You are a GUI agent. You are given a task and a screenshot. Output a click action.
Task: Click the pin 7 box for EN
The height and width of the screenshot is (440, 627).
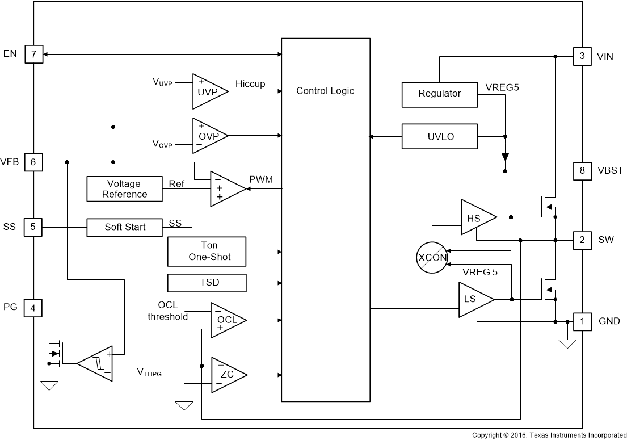click(x=33, y=55)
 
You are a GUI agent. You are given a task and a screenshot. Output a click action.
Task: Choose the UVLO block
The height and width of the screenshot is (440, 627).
click(x=439, y=136)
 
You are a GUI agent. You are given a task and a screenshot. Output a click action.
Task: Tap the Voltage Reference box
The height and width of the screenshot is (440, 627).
click(x=124, y=189)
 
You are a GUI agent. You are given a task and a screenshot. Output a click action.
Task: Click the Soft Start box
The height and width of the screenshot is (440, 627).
click(x=125, y=227)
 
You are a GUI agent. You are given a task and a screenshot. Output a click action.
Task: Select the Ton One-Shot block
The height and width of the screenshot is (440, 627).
click(x=208, y=252)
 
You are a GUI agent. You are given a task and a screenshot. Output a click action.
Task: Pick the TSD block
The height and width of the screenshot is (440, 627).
click(x=208, y=283)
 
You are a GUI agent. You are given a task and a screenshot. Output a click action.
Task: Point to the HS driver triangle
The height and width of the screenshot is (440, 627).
click(x=475, y=217)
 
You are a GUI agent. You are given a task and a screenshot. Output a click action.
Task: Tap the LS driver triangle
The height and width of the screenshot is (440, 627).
click(x=473, y=299)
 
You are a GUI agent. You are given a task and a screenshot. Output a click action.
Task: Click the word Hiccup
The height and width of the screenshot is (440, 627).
click(x=250, y=84)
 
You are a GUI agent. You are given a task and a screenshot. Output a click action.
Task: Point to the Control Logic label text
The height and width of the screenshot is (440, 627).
click(x=325, y=91)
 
